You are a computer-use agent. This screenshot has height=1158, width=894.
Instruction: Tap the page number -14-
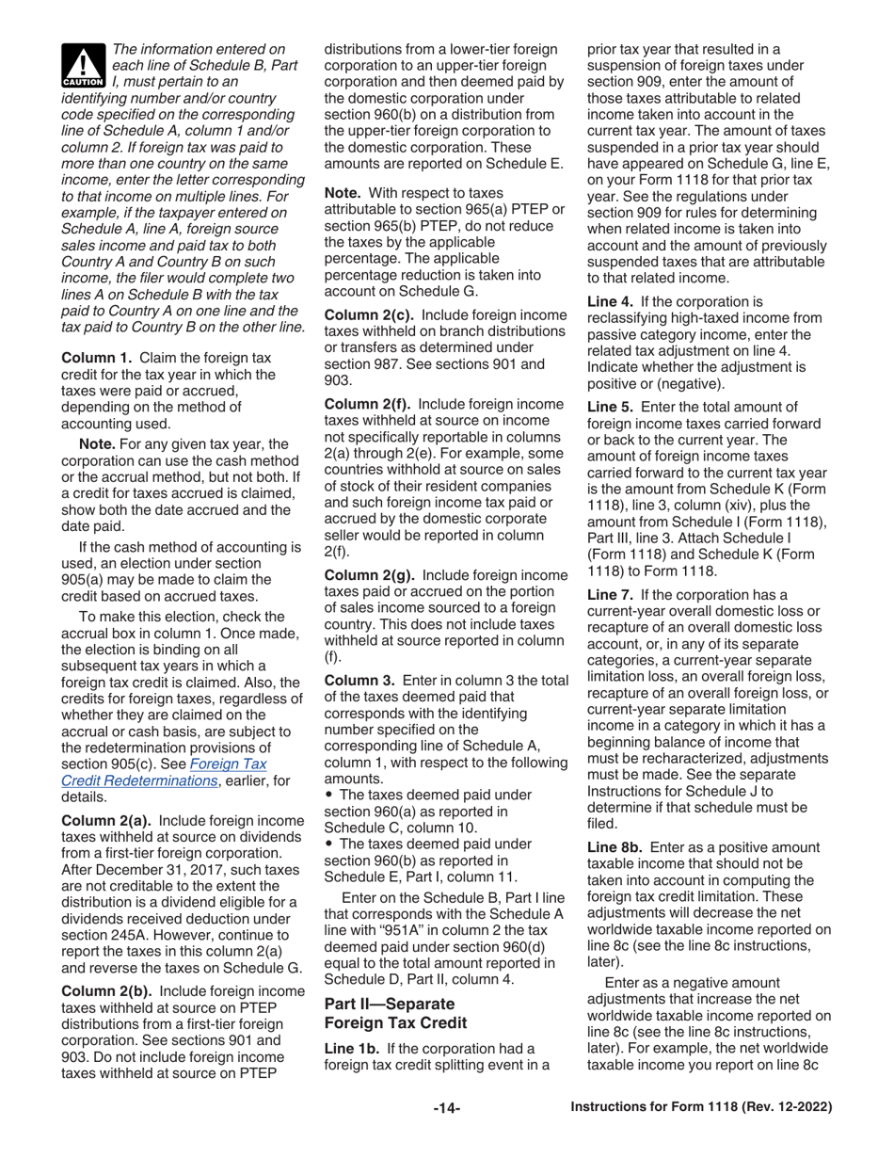pos(446,1108)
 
